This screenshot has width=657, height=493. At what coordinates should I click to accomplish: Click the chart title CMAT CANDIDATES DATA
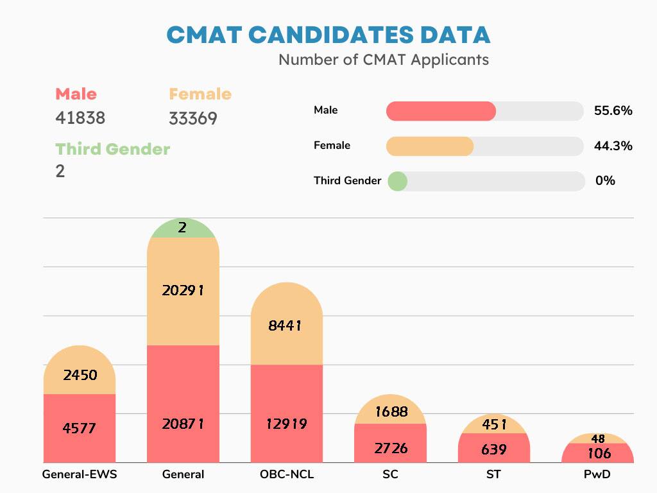tap(328, 35)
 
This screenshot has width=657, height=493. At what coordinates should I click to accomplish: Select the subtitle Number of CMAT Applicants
tap(383, 60)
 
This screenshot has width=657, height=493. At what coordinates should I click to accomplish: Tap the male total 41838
tap(80, 118)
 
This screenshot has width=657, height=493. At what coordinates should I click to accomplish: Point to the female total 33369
tap(193, 119)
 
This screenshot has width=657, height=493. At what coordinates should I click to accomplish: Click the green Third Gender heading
tap(112, 149)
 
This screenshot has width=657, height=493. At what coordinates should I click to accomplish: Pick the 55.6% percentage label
tap(613, 110)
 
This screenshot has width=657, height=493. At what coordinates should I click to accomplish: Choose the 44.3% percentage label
tap(613, 146)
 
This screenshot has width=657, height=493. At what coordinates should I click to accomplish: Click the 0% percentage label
tap(605, 181)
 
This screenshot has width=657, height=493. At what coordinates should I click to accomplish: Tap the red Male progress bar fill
tap(441, 111)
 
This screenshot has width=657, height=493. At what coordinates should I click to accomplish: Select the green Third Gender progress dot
tap(397, 181)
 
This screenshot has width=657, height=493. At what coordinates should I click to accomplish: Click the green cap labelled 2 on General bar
tap(183, 228)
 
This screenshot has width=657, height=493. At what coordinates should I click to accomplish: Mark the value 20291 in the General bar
tap(183, 290)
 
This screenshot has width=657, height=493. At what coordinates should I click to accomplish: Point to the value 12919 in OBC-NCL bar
tap(286, 424)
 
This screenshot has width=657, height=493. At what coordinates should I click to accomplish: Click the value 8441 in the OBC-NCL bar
tap(286, 325)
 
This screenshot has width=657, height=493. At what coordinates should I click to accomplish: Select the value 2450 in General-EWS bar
tap(80, 375)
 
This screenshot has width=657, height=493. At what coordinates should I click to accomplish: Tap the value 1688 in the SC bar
tap(391, 411)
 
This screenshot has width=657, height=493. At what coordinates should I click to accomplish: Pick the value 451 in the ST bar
tap(494, 425)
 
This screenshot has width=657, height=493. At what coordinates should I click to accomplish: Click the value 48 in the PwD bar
tap(598, 439)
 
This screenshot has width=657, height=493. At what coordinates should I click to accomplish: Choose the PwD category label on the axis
tap(597, 475)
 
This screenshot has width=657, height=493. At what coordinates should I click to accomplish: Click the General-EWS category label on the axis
tap(80, 475)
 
